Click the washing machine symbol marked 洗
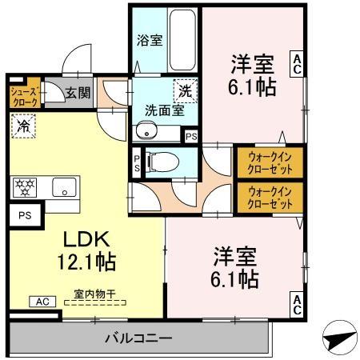point(185,91)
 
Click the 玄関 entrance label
point(78,92)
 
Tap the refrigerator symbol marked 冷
point(23,126)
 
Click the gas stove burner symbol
point(26,188)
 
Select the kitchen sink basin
point(61,189)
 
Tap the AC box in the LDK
point(42,302)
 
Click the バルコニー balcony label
point(138,338)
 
